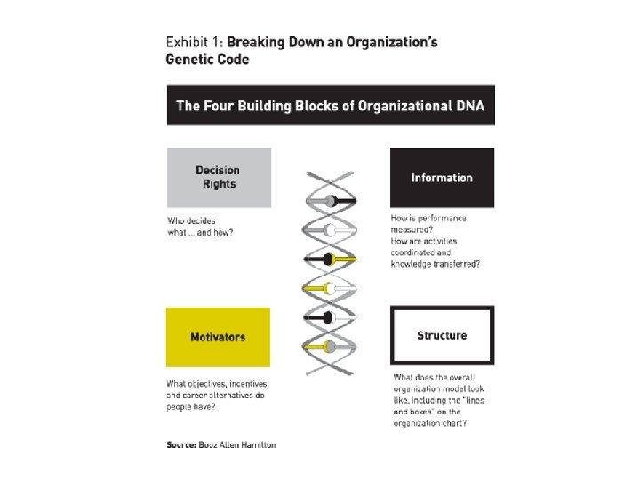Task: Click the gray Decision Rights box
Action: tap(218, 178)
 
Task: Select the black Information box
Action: tap(442, 178)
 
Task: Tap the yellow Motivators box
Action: tap(218, 337)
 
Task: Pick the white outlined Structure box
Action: tap(442, 336)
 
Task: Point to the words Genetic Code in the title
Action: tap(208, 60)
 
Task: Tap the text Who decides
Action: tap(191, 220)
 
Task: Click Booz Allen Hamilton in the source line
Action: tap(241, 444)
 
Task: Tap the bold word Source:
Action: tap(184, 444)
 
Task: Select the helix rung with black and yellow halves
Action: tap(331, 259)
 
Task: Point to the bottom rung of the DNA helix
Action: tap(331, 346)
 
